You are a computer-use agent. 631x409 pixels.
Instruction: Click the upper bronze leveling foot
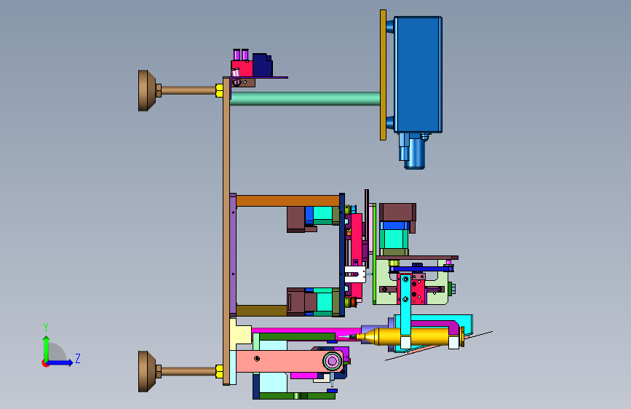[147, 90]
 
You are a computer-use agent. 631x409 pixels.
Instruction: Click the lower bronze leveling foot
[147, 371]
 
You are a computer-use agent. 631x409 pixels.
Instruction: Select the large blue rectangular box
[418, 74]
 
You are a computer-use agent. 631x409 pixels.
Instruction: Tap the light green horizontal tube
[305, 99]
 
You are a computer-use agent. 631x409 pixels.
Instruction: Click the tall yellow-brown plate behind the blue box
[383, 75]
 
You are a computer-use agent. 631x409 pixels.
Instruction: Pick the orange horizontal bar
[287, 200]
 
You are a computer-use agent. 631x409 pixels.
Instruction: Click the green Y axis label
[46, 327]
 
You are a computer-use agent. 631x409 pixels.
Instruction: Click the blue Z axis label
[78, 358]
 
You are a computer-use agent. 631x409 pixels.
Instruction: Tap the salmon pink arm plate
[282, 361]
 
